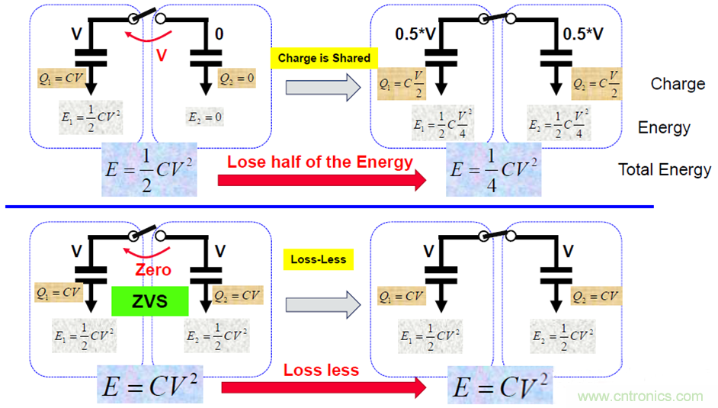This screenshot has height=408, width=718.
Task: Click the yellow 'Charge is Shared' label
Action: [x=323, y=57]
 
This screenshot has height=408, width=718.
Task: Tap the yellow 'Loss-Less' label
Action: [x=318, y=259]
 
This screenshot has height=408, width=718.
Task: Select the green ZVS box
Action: [x=149, y=300]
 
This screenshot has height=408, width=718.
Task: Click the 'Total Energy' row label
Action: [x=665, y=170]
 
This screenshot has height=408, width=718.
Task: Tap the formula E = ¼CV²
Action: [x=494, y=169]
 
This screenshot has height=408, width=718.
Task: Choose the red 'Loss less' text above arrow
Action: [x=321, y=370]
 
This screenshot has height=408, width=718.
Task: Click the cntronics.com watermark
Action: [x=640, y=396]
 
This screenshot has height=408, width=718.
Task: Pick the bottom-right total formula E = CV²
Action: [x=499, y=386]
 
